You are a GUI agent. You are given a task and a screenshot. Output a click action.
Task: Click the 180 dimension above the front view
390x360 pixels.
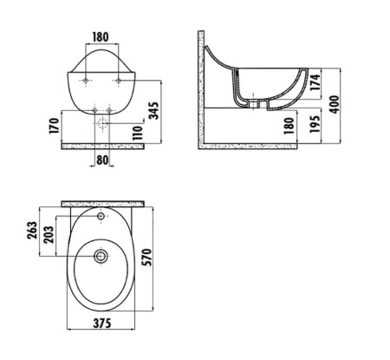coord(101,37)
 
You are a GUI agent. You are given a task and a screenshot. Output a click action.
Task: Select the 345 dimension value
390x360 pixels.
coord(153,110)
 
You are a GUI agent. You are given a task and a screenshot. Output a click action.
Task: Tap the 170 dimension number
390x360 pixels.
coord(54,126)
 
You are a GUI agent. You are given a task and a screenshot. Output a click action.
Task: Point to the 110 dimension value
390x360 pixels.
coord(138,133)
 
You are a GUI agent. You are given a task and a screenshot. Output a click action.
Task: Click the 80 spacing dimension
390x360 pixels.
coord(102,160)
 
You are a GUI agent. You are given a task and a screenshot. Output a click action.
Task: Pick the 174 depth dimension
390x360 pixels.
coord(315,82)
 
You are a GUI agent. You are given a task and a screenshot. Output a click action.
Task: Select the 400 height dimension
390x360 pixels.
coord(335,104)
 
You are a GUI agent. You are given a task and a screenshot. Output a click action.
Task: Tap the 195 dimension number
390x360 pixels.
coord(315,124)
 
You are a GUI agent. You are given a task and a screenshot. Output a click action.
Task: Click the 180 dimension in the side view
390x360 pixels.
coord(289,126)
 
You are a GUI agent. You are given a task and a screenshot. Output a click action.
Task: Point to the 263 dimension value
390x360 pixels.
coord(32,230)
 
